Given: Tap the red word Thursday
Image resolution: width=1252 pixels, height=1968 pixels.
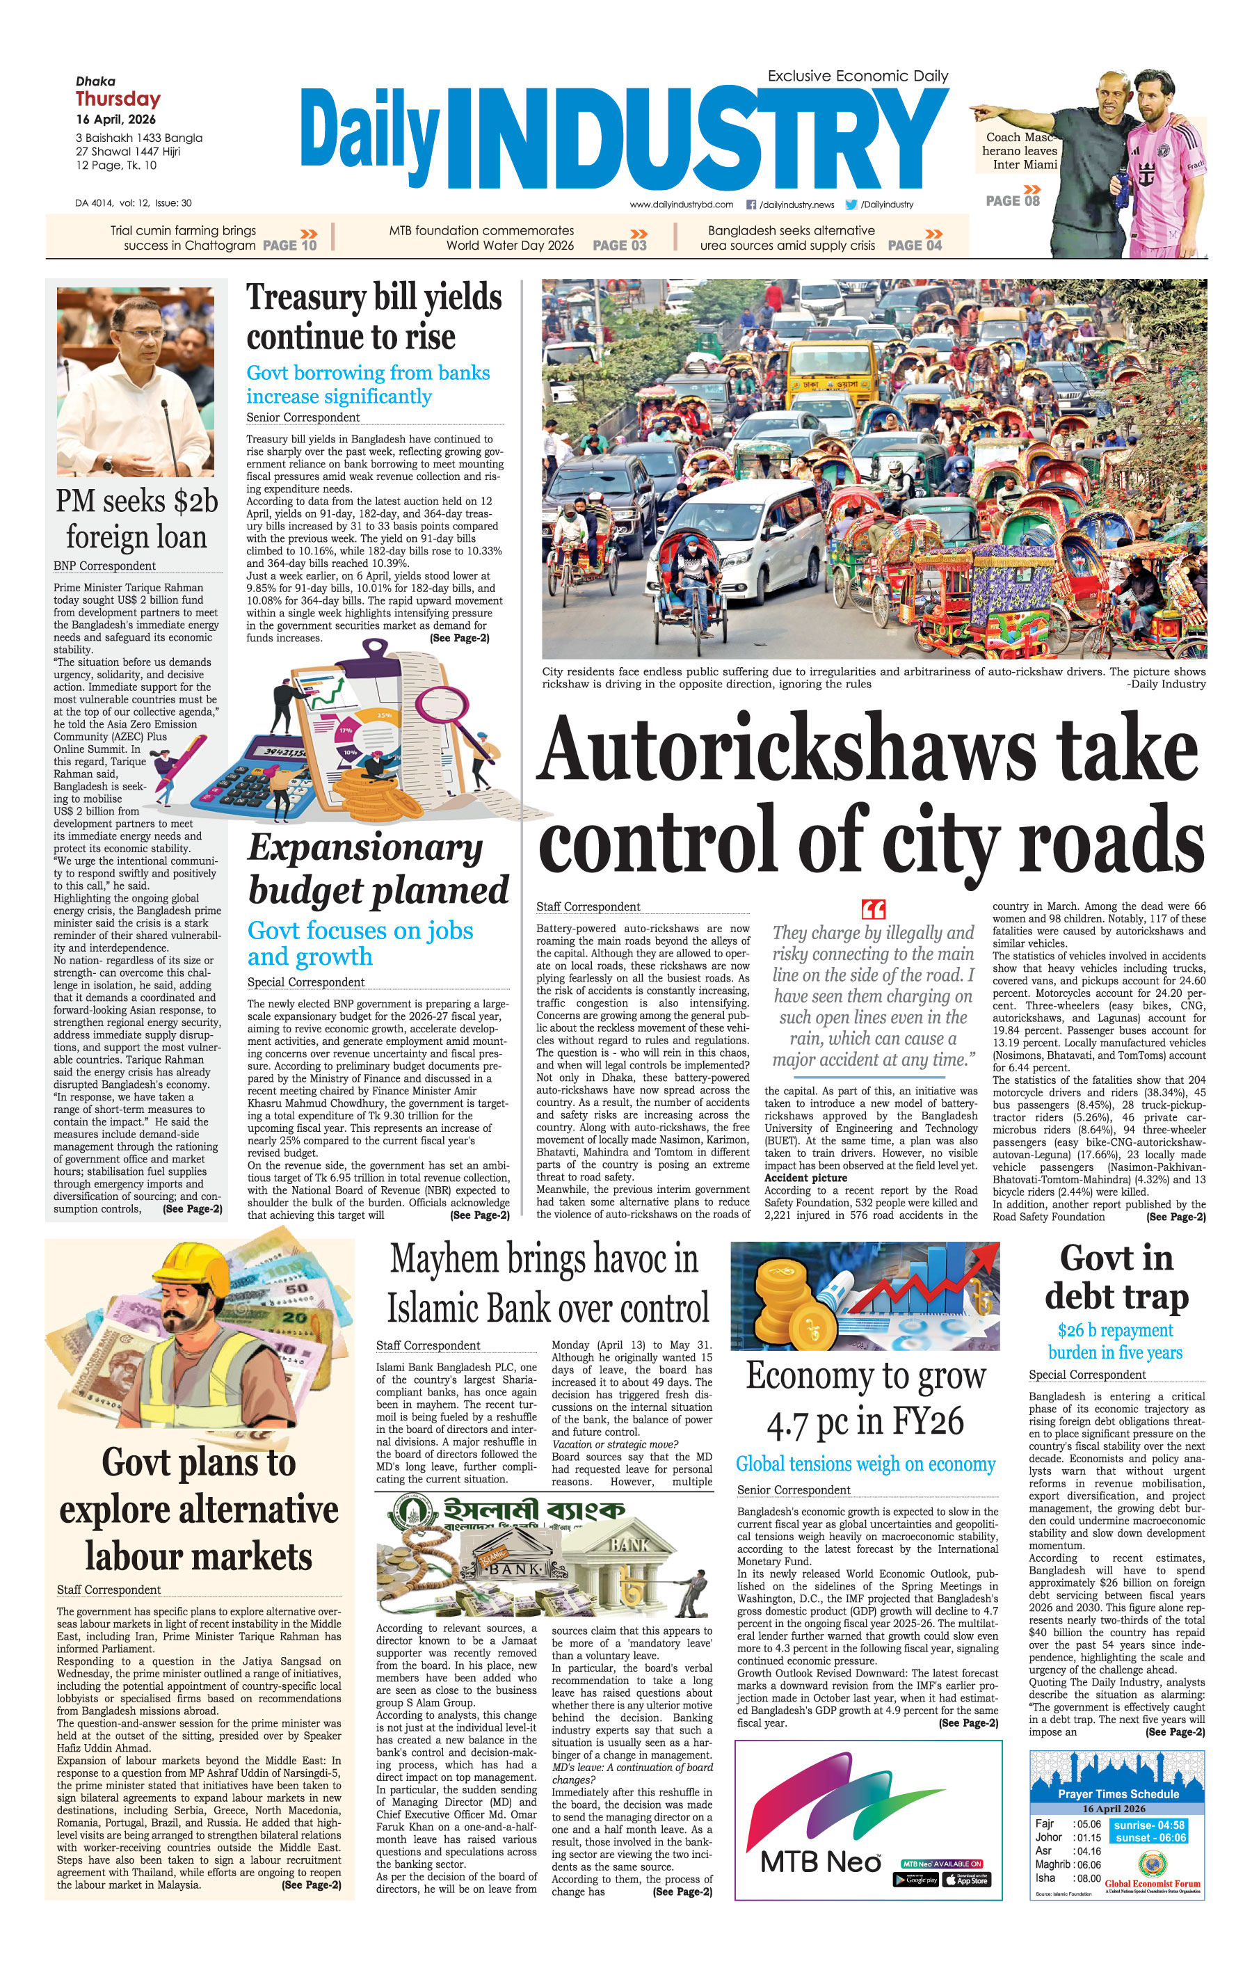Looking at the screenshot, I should [x=118, y=99].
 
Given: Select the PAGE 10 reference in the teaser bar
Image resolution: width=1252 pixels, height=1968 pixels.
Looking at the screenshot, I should [x=289, y=245].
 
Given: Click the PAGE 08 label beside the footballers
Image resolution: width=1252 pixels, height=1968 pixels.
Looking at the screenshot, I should [x=1013, y=201].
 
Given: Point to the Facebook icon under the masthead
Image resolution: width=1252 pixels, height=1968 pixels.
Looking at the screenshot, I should [x=751, y=205].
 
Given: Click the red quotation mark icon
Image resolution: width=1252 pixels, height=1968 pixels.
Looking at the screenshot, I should [x=873, y=909].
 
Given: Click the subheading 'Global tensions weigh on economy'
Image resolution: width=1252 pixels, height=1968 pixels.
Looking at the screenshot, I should [x=865, y=1464].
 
